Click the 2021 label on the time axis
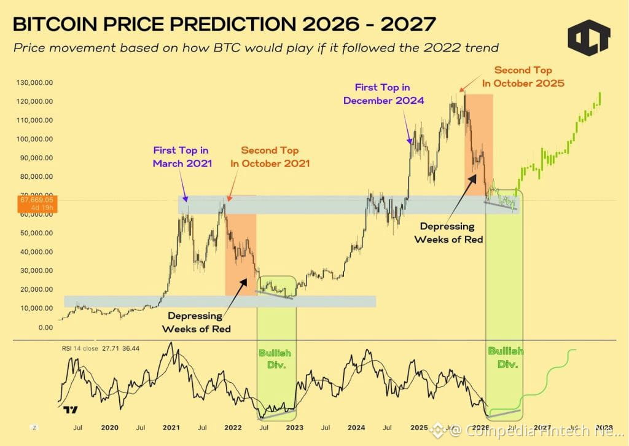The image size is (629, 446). click(x=171, y=427)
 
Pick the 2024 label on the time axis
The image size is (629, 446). click(x=356, y=427)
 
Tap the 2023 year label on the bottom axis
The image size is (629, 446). click(x=295, y=427)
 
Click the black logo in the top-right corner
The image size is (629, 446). click(x=588, y=37)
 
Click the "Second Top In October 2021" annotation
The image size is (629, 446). click(x=270, y=157)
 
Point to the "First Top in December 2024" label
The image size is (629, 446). click(x=383, y=94)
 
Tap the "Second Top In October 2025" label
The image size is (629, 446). click(x=529, y=76)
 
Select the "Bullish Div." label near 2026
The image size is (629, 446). click(x=506, y=357)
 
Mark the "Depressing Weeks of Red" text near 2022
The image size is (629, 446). click(x=196, y=322)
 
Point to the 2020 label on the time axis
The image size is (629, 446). click(x=109, y=427)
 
